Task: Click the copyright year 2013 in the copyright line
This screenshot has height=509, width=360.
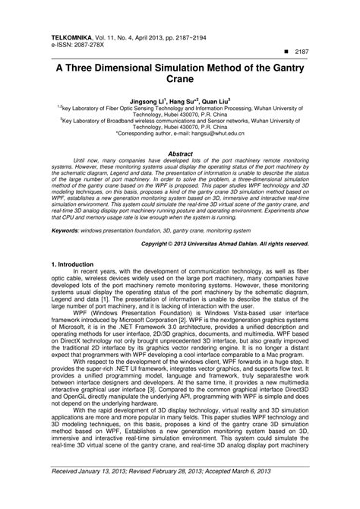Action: [x=193, y=244]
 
